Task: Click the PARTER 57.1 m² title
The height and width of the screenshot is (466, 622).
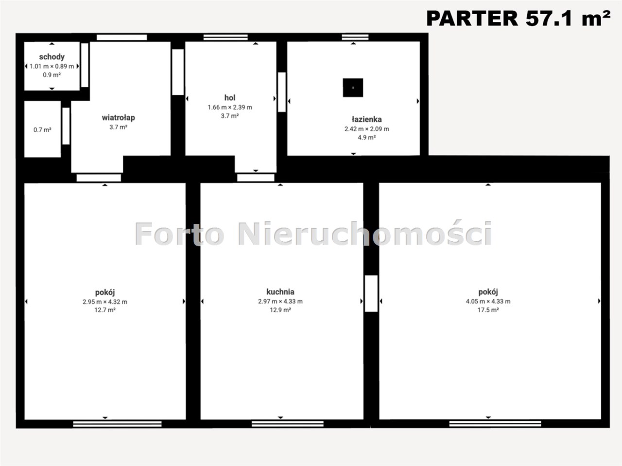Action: click(x=518, y=18)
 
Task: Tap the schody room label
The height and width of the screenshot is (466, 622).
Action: click(x=52, y=57)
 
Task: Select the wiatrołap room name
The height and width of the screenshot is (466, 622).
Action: click(x=119, y=117)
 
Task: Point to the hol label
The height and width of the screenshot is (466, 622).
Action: click(x=230, y=98)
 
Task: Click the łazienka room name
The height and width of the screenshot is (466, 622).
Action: click(x=367, y=119)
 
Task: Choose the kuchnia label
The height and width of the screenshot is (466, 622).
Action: click(x=280, y=292)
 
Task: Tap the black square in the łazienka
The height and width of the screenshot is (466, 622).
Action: click(x=353, y=88)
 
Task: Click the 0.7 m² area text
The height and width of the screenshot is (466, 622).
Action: click(x=42, y=130)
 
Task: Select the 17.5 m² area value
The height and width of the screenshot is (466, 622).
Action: click(x=488, y=310)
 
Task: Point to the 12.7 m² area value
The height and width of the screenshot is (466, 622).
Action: click(x=105, y=310)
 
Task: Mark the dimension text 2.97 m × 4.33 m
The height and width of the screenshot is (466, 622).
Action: click(x=280, y=301)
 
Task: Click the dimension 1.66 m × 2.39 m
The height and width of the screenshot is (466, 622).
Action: click(x=230, y=107)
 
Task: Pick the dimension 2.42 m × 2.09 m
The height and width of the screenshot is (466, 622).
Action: click(x=367, y=129)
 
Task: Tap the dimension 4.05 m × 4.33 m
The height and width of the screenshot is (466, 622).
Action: click(x=488, y=301)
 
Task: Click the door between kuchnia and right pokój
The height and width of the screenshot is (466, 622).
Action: click(x=371, y=293)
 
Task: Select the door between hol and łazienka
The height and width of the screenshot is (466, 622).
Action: click(x=282, y=92)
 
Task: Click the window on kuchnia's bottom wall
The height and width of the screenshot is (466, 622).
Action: click(x=288, y=424)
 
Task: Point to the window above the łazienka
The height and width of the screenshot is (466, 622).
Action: click(x=355, y=37)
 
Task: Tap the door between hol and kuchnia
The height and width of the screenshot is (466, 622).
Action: click(x=256, y=178)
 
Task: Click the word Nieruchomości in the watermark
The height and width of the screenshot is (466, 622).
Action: click(x=365, y=233)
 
